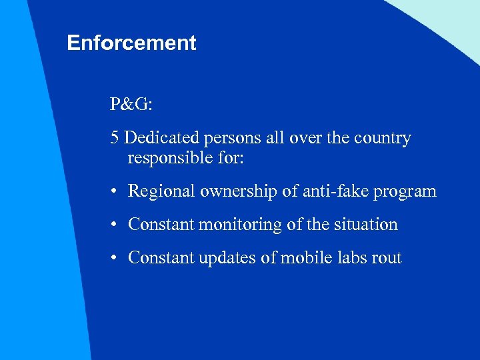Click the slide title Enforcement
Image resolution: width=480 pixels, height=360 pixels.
(x=131, y=43)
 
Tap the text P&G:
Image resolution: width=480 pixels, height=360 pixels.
(x=131, y=105)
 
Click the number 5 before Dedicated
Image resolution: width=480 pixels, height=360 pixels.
(x=115, y=139)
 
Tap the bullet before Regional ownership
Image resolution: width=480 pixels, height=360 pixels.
(x=115, y=192)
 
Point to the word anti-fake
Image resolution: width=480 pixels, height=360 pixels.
(x=329, y=192)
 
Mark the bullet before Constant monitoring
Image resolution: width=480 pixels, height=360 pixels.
(x=115, y=225)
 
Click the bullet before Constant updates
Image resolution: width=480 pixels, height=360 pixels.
(x=115, y=259)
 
